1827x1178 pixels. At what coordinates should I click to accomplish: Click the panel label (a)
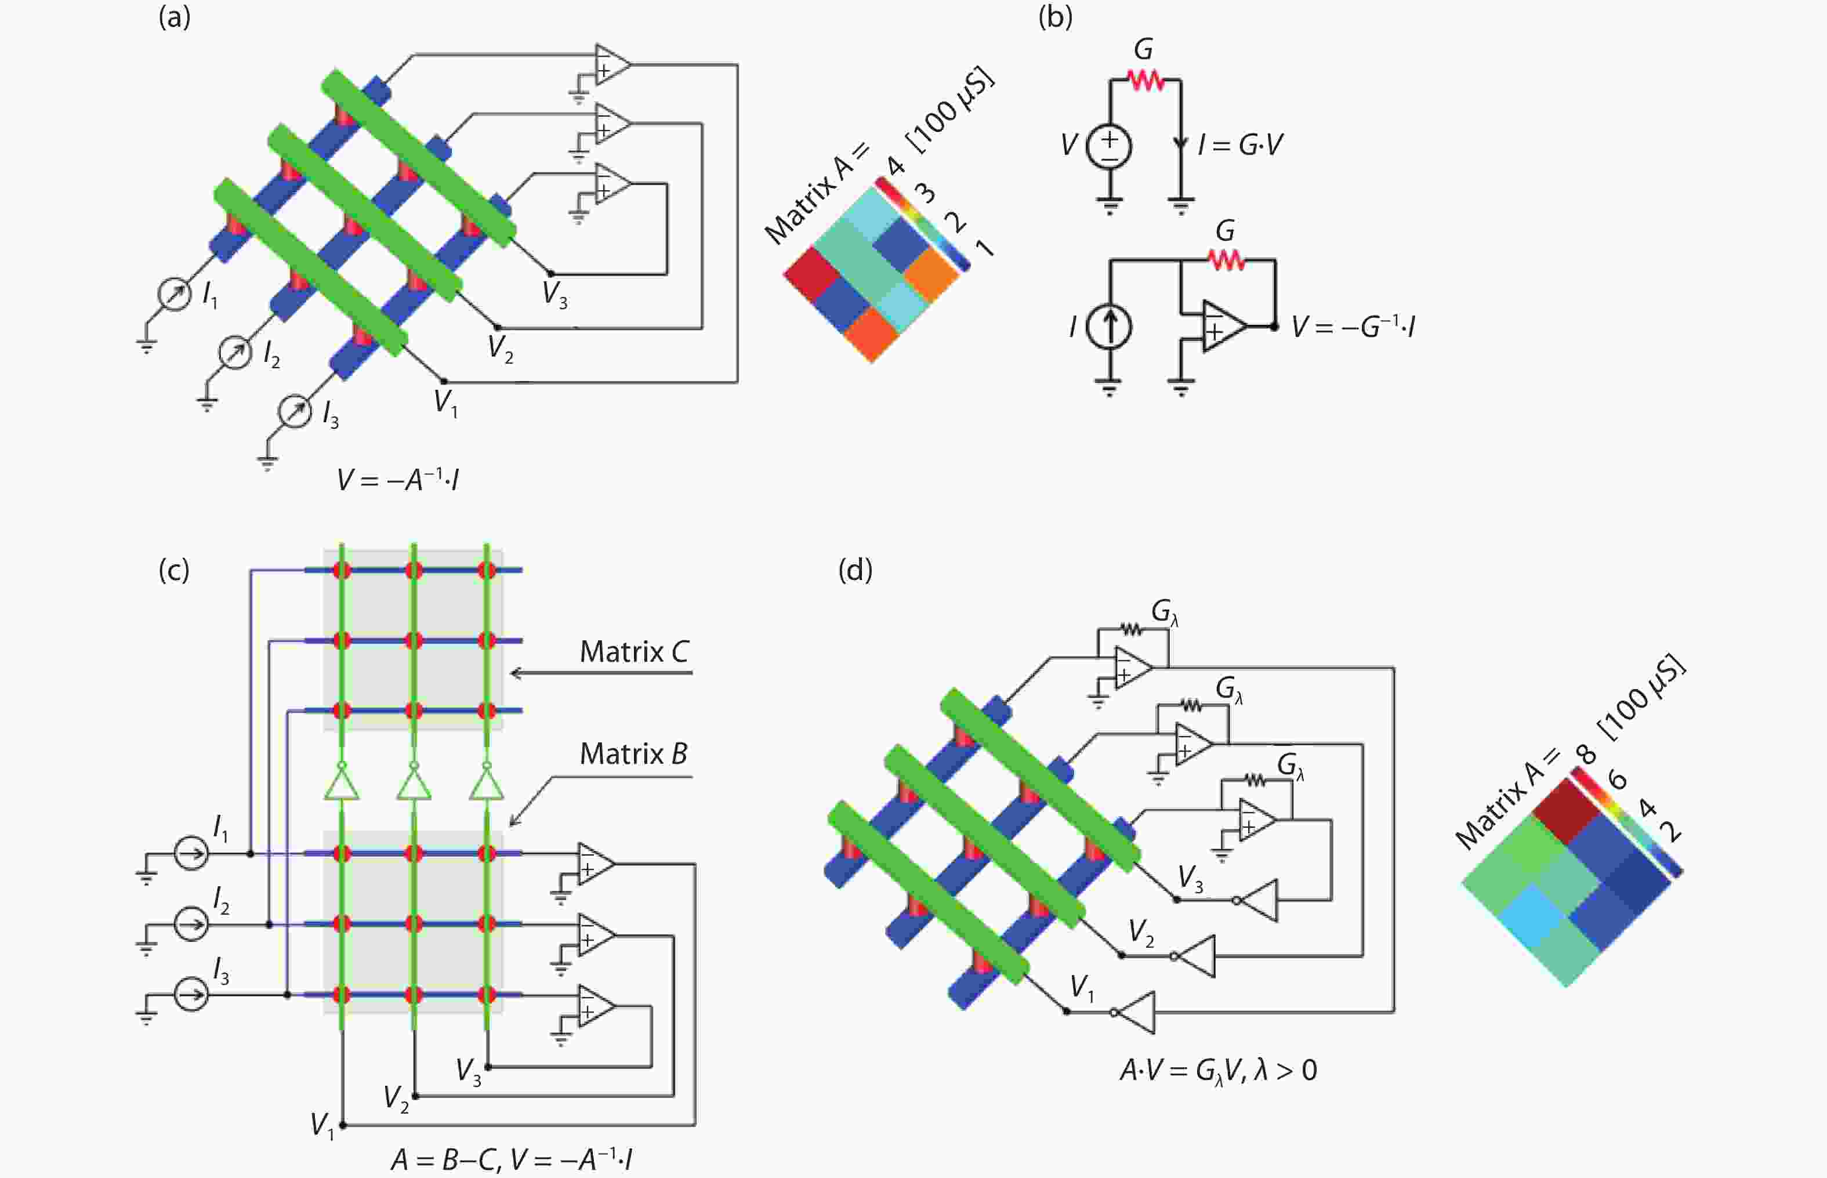(x=175, y=17)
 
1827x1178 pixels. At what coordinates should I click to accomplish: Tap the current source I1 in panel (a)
(x=175, y=293)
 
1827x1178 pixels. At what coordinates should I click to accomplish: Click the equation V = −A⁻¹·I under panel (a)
(x=398, y=480)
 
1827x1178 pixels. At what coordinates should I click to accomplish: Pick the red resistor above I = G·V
(x=1145, y=79)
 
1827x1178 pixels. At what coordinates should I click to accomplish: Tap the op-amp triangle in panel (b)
(x=1222, y=326)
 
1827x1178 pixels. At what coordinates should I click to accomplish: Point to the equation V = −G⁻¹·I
(x=1352, y=327)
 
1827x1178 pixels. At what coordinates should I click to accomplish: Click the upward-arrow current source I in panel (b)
(x=1109, y=327)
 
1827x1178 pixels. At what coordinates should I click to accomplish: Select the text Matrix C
(x=634, y=652)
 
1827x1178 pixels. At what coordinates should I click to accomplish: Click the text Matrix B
(x=633, y=754)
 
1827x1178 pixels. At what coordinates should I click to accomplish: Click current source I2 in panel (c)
(x=191, y=924)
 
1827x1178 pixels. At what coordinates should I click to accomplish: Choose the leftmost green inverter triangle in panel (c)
(x=342, y=784)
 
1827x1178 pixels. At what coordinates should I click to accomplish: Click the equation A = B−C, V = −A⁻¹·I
(x=511, y=1159)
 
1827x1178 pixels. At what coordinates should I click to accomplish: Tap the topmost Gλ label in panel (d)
(x=1164, y=612)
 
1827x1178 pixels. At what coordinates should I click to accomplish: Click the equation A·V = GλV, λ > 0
(x=1218, y=1070)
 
